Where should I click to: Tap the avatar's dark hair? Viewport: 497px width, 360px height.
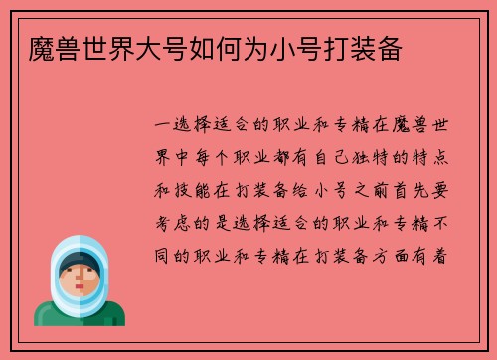pyautogui.click(x=78, y=260)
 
